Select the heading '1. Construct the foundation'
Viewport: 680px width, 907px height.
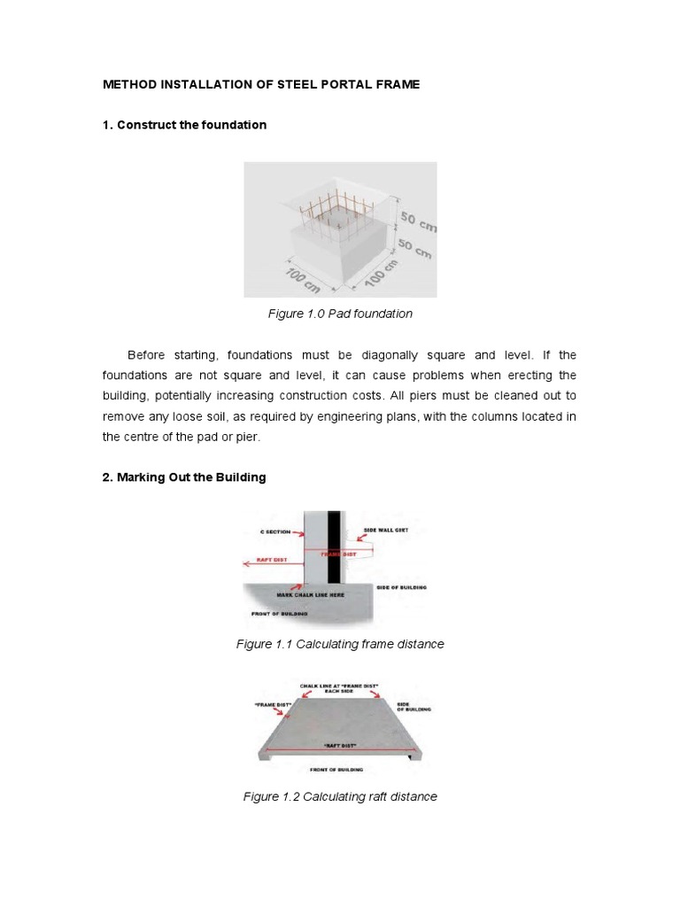(x=184, y=125)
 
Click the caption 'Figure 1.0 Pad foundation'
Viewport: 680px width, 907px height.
(x=340, y=314)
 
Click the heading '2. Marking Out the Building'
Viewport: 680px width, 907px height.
(x=184, y=477)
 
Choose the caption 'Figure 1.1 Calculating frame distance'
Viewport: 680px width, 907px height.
(x=340, y=644)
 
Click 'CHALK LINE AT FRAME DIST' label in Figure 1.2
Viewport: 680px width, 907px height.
(x=340, y=687)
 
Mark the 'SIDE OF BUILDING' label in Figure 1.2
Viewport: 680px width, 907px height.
(x=413, y=706)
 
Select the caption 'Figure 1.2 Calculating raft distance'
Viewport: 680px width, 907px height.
(x=340, y=796)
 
